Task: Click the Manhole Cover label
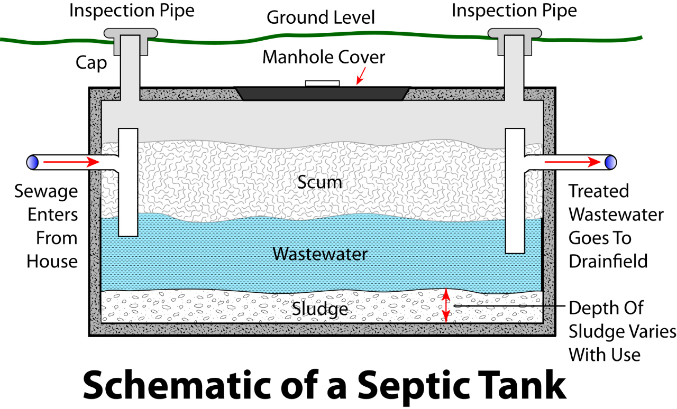324,57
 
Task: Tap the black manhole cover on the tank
322,93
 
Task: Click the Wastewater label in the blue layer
320,254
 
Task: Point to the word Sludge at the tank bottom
320,309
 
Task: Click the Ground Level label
321,17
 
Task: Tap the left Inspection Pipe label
132,11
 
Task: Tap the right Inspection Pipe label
514,11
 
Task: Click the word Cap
92,63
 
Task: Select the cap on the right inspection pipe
514,33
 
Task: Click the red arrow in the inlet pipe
71,162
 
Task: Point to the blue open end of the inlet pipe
33,162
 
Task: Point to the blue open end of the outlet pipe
611,162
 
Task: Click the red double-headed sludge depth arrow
446,306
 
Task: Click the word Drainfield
608,261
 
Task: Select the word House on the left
52,261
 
